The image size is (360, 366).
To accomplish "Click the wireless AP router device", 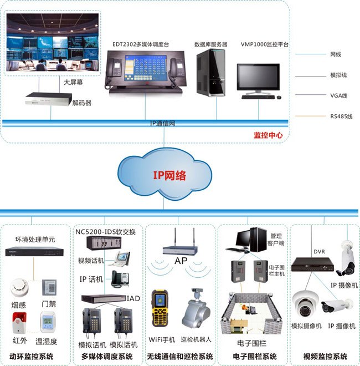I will [181, 247].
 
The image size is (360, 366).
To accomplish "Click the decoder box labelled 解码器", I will [49, 99].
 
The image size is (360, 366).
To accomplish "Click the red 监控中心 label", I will [268, 135].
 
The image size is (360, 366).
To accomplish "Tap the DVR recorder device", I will [313, 264].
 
